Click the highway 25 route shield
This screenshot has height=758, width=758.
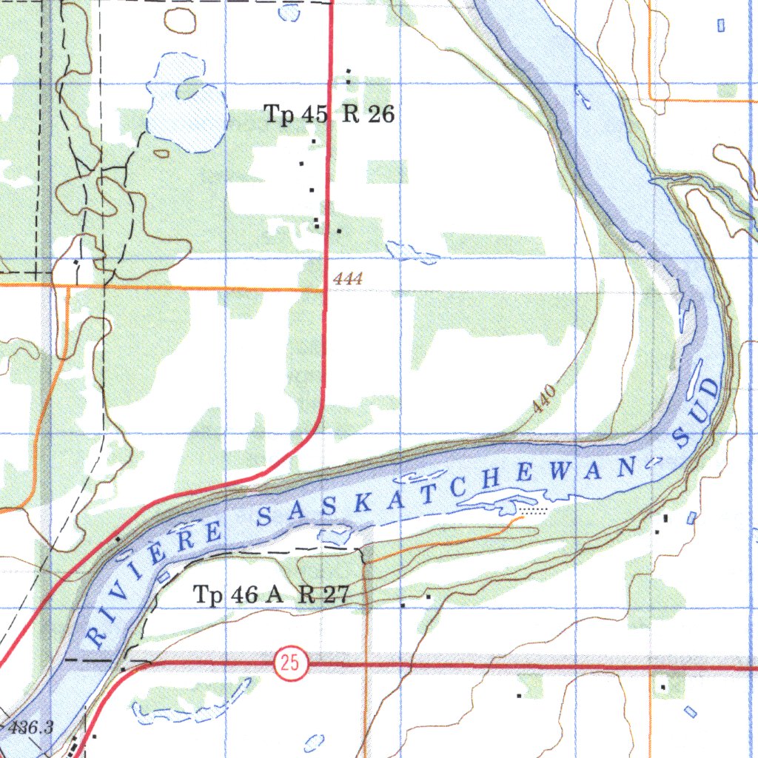pyautogui.click(x=289, y=664)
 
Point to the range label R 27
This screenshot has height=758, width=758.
pyautogui.click(x=323, y=594)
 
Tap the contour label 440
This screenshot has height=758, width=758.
pyautogui.click(x=544, y=400)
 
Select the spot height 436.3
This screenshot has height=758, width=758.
pyautogui.click(x=32, y=728)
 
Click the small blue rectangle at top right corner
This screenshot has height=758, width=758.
pyautogui.click(x=722, y=25)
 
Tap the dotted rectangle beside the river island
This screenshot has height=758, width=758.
pyautogui.click(x=533, y=510)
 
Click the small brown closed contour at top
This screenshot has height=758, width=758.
pyautogui.click(x=181, y=20)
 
